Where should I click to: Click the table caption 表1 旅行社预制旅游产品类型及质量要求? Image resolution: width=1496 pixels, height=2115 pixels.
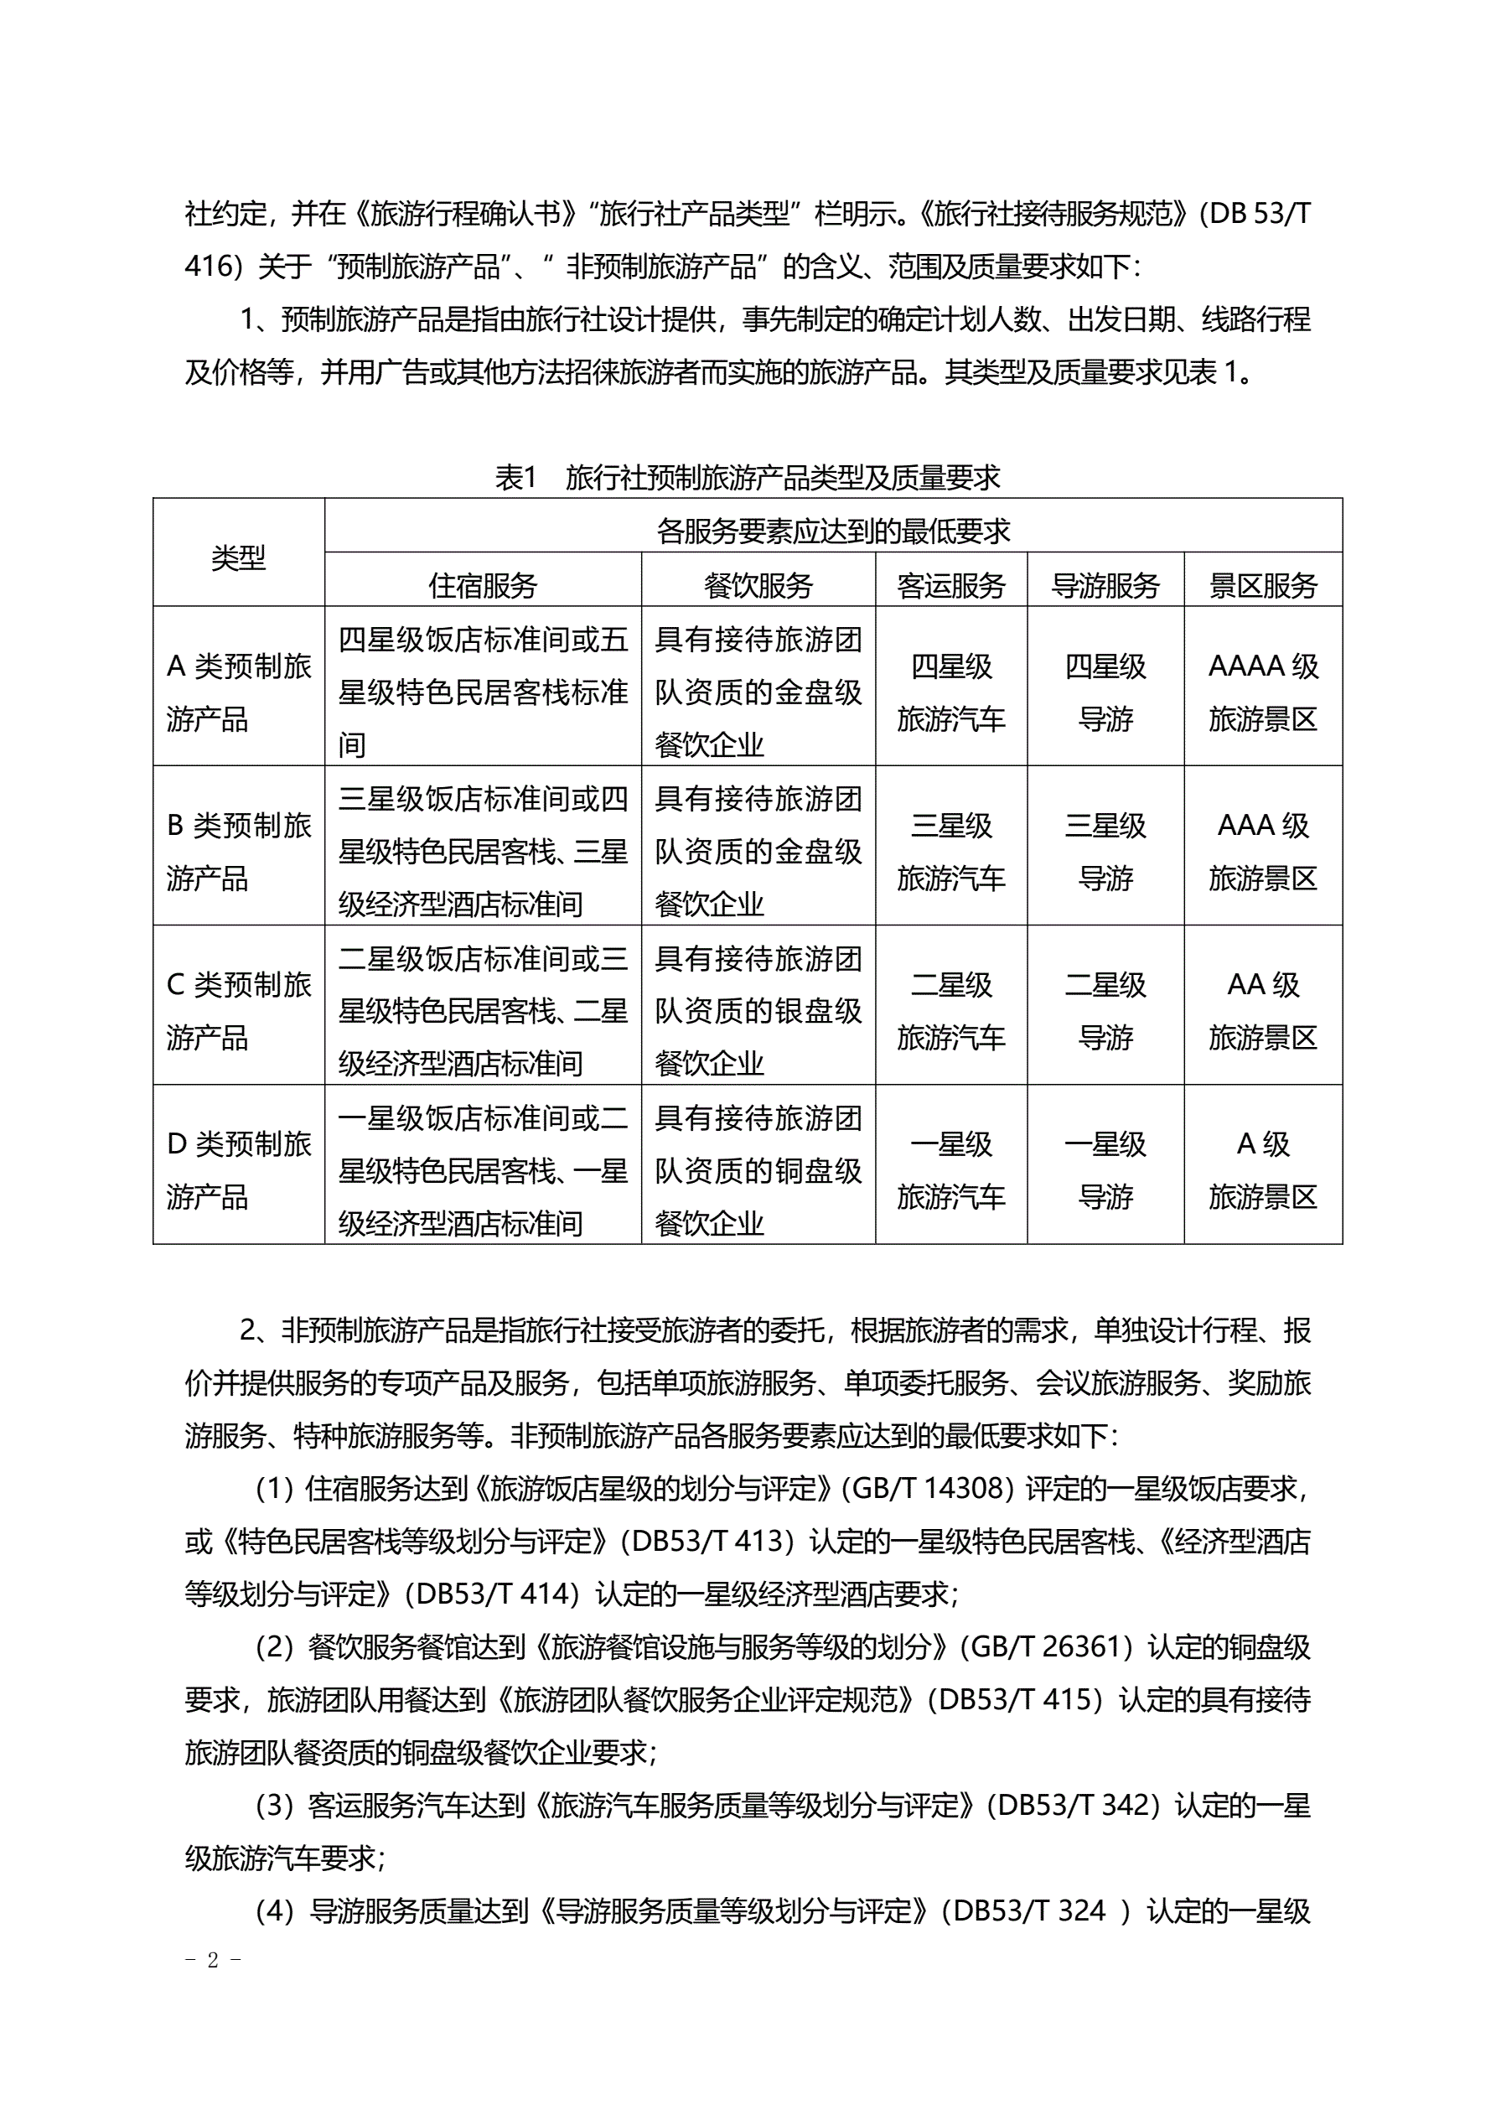point(747,477)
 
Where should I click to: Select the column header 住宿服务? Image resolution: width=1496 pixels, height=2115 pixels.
point(483,585)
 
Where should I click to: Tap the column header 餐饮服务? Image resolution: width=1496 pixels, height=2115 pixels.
point(758,585)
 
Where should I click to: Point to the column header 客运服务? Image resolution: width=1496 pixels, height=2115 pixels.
point(950,585)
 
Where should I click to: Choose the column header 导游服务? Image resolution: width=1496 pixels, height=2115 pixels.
point(1105,585)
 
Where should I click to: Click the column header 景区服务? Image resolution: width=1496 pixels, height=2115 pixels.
point(1263,585)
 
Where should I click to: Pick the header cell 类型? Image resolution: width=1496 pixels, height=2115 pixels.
point(239,557)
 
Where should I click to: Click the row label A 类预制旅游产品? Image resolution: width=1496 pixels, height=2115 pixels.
point(239,692)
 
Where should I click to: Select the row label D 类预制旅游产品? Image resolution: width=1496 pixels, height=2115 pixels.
point(239,1170)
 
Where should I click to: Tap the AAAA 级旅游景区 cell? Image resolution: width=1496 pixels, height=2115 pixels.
point(1263,692)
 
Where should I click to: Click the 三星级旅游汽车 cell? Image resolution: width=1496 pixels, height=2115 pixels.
point(950,851)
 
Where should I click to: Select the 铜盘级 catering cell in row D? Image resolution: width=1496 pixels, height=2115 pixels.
point(758,1170)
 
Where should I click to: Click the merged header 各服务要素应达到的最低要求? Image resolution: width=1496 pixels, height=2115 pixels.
point(833,531)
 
